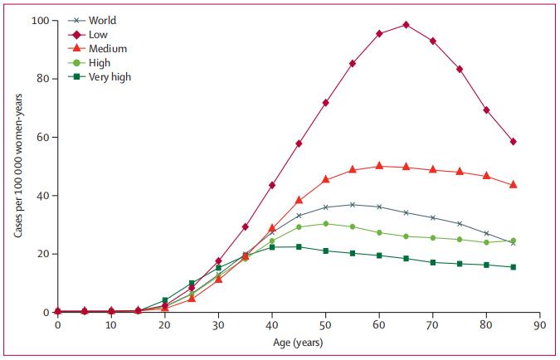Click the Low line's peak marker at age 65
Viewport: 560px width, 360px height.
[x=406, y=25]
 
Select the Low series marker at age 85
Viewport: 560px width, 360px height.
[x=513, y=142]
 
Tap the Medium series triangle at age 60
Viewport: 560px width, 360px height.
[x=379, y=166]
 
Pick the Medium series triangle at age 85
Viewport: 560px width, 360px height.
[x=513, y=185]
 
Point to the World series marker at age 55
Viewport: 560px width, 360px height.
[x=353, y=205]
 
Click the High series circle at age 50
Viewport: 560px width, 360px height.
[x=325, y=224]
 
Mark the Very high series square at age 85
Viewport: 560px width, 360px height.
[x=513, y=267]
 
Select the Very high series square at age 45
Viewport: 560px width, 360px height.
[x=299, y=247]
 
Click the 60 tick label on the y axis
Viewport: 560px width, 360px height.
[x=43, y=137]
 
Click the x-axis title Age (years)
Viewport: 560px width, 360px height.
[x=298, y=342]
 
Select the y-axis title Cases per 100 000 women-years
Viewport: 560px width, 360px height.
[x=18, y=166]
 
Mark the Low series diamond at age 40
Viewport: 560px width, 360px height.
[x=272, y=185]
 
